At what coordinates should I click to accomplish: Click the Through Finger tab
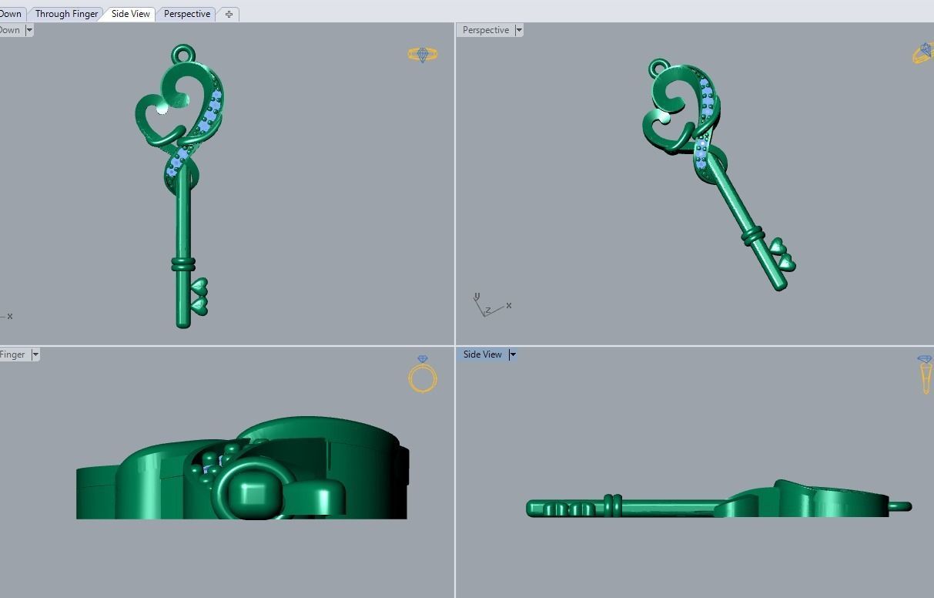(x=66, y=14)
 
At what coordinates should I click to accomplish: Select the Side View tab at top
(x=130, y=14)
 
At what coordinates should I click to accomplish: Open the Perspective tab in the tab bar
(x=186, y=14)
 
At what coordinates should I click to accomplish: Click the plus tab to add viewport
(x=229, y=14)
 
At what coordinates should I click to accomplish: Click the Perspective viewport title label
(x=485, y=30)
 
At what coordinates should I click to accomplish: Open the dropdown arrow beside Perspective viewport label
(x=519, y=30)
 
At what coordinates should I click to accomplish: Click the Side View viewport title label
(x=482, y=354)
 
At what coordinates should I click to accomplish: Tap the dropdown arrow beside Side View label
(x=513, y=354)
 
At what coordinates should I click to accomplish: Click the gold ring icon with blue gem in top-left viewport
(x=423, y=54)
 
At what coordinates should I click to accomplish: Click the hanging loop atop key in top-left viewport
(x=182, y=54)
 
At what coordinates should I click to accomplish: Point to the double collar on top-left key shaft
(x=182, y=264)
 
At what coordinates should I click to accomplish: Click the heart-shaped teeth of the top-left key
(x=199, y=296)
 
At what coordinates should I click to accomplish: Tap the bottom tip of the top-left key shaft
(x=183, y=323)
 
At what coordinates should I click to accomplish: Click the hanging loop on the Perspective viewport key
(x=658, y=69)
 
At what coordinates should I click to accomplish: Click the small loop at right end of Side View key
(x=902, y=506)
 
